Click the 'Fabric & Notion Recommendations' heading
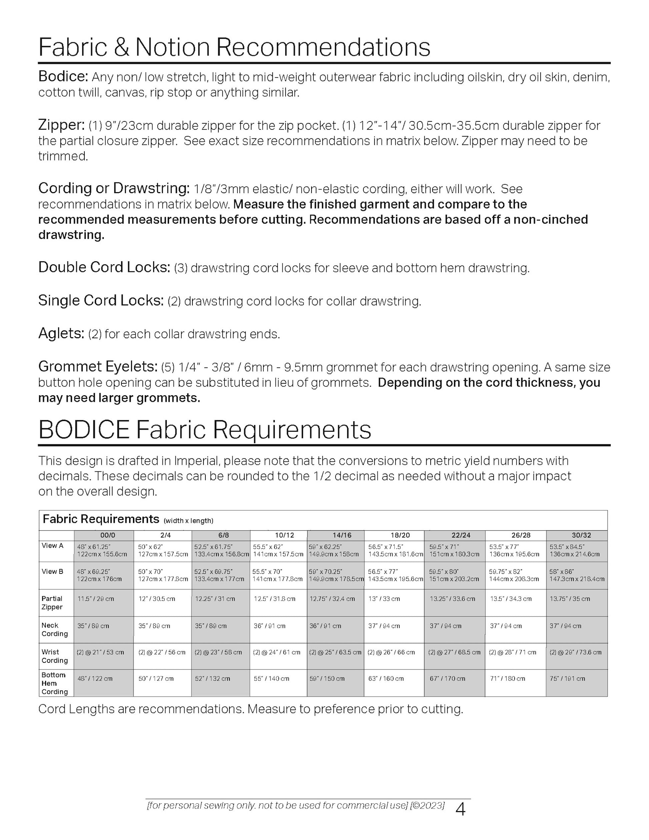tap(234, 47)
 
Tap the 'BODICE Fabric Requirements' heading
tap(204, 430)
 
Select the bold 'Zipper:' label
tap(61, 125)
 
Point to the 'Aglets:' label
tap(61, 334)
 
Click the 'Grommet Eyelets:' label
tap(98, 367)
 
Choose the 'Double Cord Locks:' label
tap(104, 267)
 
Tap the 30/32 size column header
tap(581, 535)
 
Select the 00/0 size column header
tap(105, 535)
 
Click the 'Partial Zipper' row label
tap(52, 603)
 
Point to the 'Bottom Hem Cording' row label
tap(54, 683)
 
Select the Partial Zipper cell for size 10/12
tap(274, 599)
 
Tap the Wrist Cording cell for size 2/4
tap(162, 652)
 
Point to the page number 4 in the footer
tap(460, 810)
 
